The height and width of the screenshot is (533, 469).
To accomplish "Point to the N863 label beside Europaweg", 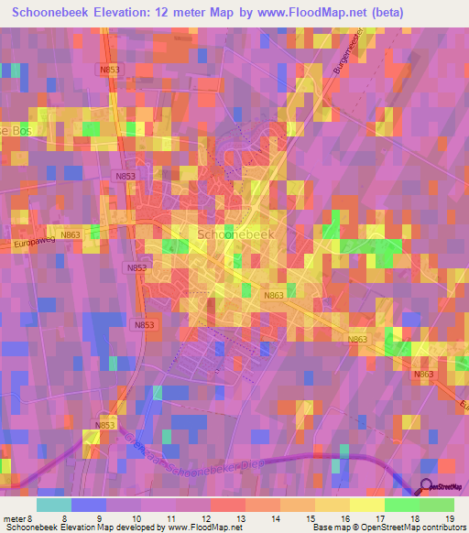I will pos(71,234).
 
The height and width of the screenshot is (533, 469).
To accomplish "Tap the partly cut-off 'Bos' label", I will pos(16,129).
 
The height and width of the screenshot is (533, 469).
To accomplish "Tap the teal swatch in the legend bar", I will pos(54,504).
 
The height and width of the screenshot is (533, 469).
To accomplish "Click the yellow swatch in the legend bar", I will pos(366,504).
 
